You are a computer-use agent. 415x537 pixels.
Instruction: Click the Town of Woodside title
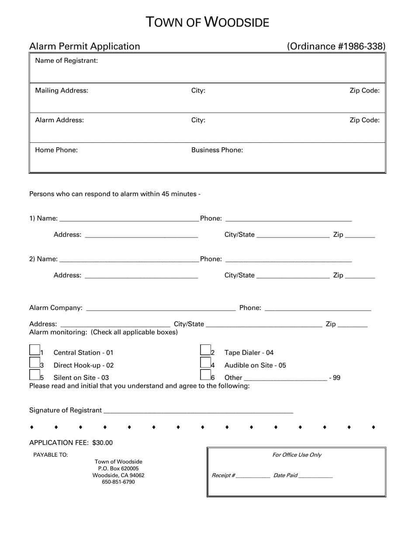click(207, 22)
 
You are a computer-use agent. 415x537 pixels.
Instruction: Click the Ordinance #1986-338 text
click(336, 46)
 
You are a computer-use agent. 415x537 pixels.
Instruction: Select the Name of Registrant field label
click(66, 61)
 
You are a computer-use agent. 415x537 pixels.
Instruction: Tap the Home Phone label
click(56, 150)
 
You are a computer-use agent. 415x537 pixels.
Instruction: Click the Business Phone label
click(217, 150)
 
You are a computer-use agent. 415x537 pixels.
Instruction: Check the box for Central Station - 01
click(35, 350)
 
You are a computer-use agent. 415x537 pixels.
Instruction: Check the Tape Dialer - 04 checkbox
click(205, 350)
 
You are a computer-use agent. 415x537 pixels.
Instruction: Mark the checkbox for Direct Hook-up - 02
click(35, 362)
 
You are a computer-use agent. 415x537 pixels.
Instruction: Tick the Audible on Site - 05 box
click(205, 362)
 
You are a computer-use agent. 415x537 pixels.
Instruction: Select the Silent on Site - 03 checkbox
click(35, 375)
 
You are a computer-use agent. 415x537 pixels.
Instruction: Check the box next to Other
click(205, 375)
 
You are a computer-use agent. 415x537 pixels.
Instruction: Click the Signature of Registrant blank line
click(198, 410)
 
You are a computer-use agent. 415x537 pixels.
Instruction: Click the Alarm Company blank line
click(161, 308)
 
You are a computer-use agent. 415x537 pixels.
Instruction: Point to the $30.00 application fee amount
click(102, 443)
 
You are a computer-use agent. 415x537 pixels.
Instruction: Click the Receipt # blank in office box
click(253, 476)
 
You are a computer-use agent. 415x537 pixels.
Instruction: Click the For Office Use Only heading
click(297, 455)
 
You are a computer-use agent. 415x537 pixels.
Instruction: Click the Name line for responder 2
click(129, 259)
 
